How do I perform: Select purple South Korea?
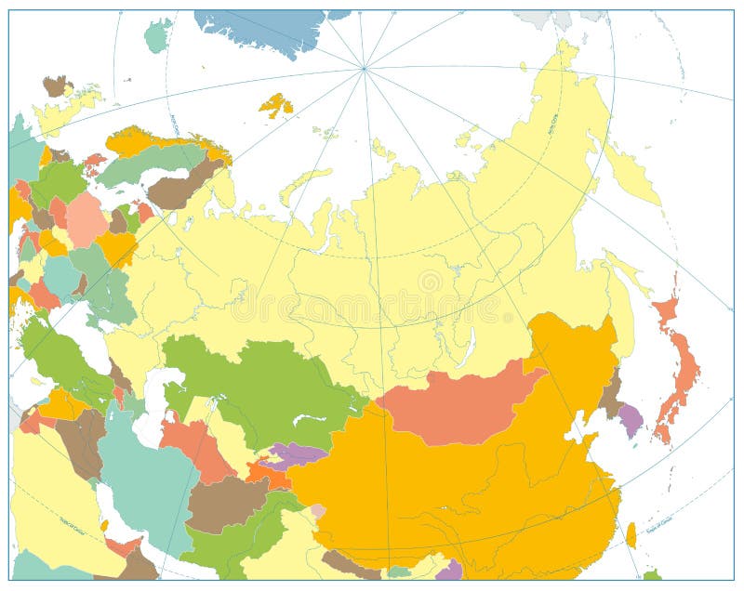(631, 419)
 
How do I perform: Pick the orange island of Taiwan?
(631, 534)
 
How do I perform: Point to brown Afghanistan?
(225, 503)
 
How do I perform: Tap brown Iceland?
(57, 85)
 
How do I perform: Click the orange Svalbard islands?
(276, 105)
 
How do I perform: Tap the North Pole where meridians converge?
(364, 68)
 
